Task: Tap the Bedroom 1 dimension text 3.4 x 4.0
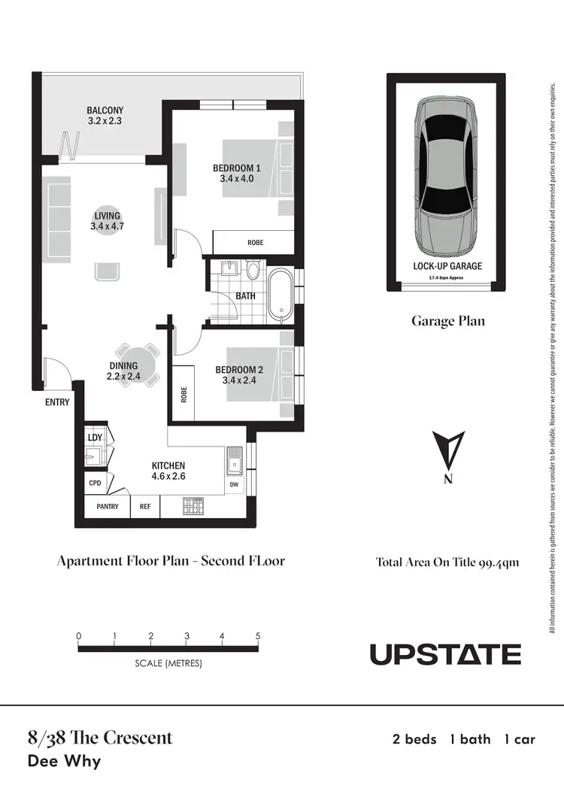pyautogui.click(x=237, y=179)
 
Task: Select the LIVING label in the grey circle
pyautogui.click(x=106, y=216)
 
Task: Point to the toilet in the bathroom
pyautogui.click(x=253, y=270)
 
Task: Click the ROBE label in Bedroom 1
pyautogui.click(x=255, y=242)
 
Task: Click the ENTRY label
pyautogui.click(x=57, y=402)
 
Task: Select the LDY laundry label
pyautogui.click(x=94, y=437)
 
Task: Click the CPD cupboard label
pyautogui.click(x=95, y=483)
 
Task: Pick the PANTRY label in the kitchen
pyautogui.click(x=108, y=507)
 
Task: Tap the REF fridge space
pyautogui.click(x=145, y=507)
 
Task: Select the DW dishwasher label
pyautogui.click(x=234, y=485)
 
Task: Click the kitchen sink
pyautogui.click(x=234, y=459)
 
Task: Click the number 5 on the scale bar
pyautogui.click(x=258, y=636)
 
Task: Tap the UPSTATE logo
pyautogui.click(x=445, y=654)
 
